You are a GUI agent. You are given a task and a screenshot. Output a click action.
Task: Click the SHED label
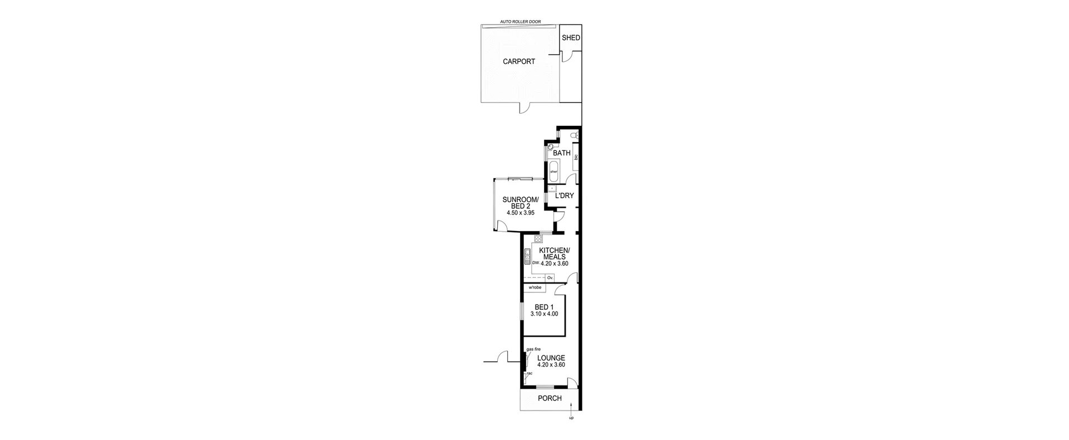point(571,38)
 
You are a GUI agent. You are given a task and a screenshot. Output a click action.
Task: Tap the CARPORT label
point(519,62)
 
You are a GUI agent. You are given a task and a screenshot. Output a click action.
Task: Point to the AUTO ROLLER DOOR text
point(520,22)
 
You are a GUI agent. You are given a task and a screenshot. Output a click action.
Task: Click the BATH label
point(561,153)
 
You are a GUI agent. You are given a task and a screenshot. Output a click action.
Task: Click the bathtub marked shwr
point(554,169)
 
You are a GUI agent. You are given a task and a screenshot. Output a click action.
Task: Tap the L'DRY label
point(565,195)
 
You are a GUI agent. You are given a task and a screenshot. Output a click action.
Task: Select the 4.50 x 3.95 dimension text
point(521,213)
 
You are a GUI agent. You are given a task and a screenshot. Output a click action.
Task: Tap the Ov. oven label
point(550,277)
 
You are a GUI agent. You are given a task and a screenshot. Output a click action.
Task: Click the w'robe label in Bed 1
point(535,287)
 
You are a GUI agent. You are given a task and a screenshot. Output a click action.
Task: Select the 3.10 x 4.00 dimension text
point(544,314)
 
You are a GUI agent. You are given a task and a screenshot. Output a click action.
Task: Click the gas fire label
point(533,349)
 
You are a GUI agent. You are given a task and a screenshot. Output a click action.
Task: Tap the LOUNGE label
point(551,358)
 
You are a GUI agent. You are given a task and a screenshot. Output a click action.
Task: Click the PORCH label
point(550,398)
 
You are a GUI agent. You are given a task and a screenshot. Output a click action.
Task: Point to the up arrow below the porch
point(571,429)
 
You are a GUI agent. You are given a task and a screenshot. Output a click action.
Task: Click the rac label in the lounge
point(529,373)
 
